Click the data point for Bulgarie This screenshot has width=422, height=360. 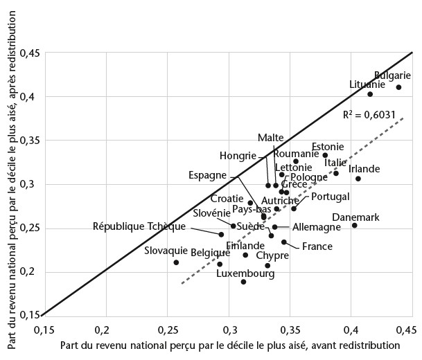[398, 87]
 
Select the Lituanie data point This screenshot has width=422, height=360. [370, 94]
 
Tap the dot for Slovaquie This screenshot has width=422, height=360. [176, 262]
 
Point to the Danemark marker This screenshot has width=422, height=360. [354, 225]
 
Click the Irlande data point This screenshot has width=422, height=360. [358, 179]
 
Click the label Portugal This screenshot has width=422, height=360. [330, 197]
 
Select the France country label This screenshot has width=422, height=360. [316, 246]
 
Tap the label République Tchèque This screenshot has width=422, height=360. [139, 226]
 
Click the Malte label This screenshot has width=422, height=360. [270, 138]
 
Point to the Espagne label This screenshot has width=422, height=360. [208, 175]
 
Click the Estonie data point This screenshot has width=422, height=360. [325, 155]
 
